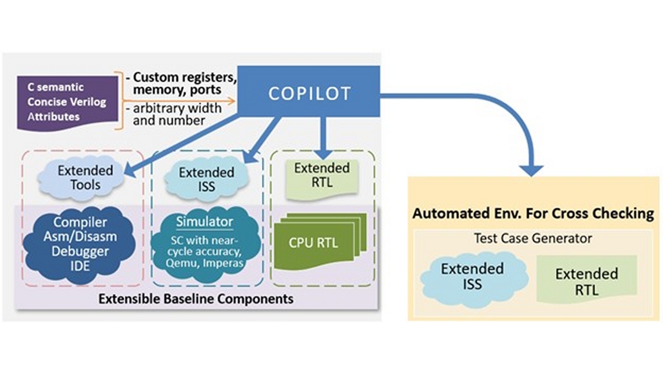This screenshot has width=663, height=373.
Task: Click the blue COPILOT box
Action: point(309,93)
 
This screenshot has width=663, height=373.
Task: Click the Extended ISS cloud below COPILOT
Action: point(197,180)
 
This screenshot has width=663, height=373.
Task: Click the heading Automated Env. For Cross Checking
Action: point(533,214)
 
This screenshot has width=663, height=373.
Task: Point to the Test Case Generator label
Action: point(533,239)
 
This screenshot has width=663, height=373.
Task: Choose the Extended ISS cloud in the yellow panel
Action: point(472,276)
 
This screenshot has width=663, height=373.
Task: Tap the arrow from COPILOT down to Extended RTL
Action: point(324,138)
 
